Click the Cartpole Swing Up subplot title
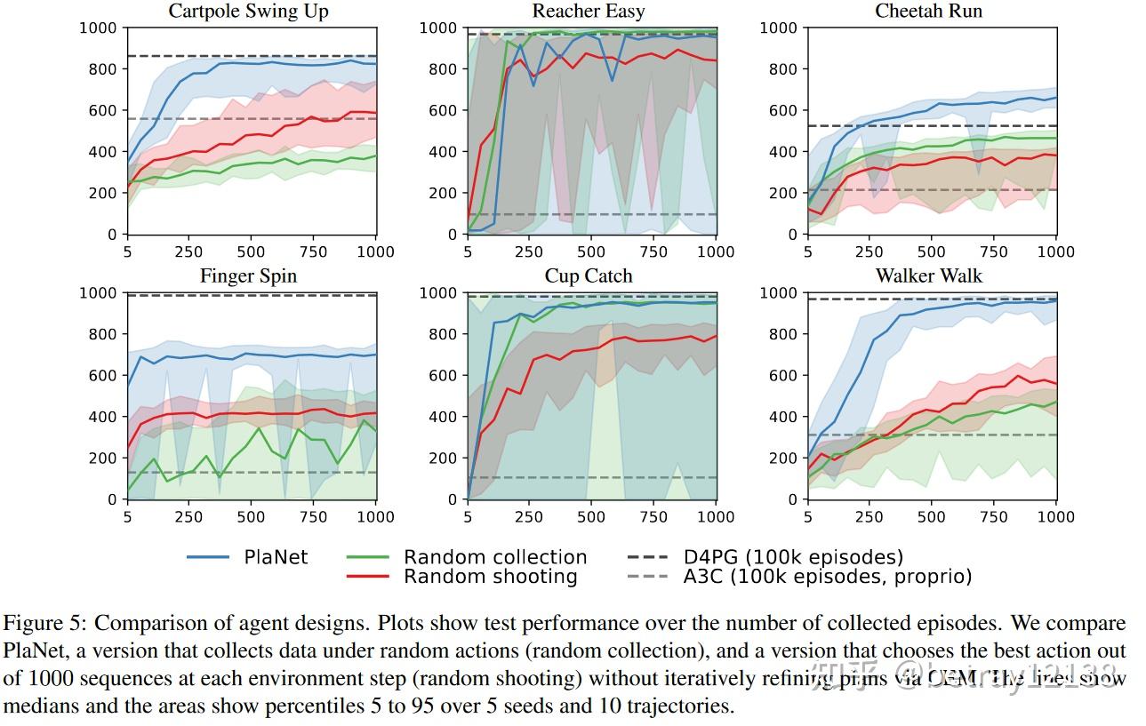[x=248, y=12]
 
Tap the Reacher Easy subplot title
[x=589, y=12]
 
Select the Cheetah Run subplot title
[x=929, y=12]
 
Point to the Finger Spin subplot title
[x=248, y=276]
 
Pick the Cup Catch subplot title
[x=589, y=276]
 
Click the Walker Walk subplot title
[x=929, y=276]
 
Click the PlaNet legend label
[x=276, y=557]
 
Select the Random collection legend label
[x=495, y=557]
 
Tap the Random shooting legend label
[x=490, y=577]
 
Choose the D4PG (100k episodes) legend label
[x=793, y=557]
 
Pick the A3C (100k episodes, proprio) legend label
[x=828, y=577]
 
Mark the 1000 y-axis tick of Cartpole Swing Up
[x=97, y=28]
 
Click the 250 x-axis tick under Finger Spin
[x=188, y=517]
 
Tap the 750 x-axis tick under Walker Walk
[x=994, y=517]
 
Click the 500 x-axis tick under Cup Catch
[x=591, y=517]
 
